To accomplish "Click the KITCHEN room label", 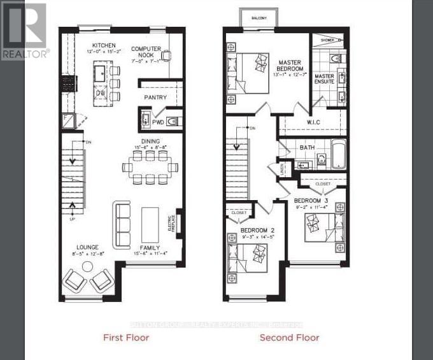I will tap(104, 45).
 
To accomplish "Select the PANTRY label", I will tap(155, 97).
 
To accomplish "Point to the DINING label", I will tap(151, 141).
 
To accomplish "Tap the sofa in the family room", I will tap(121, 224).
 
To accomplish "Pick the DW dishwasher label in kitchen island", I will tap(101, 92).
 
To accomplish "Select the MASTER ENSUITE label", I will tap(325, 79).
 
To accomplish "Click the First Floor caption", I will tap(126, 337).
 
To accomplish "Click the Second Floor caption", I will tap(289, 337).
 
